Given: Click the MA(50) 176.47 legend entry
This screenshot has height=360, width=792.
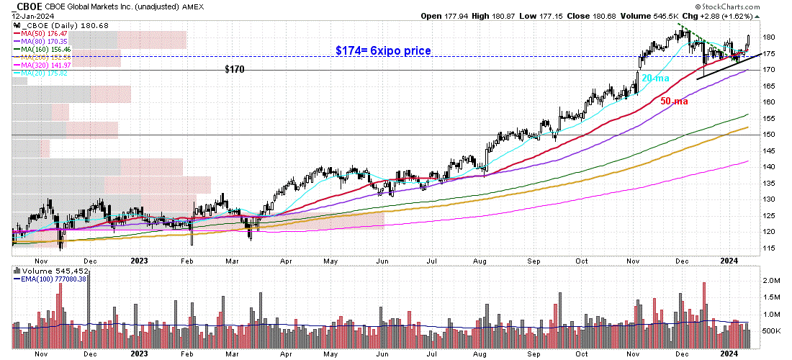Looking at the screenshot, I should click(x=47, y=34).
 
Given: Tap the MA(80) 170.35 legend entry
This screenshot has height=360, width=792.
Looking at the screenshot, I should click(x=47, y=42).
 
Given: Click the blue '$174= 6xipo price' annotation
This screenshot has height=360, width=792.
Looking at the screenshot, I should click(x=383, y=51).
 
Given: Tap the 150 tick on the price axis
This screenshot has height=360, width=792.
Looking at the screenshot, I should click(x=768, y=135).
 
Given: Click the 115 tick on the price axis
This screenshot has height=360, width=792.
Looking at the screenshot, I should click(x=768, y=248).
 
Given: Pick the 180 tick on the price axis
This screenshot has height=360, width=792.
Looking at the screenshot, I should click(x=768, y=37).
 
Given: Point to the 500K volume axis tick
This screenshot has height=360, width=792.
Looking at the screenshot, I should click(x=772, y=330).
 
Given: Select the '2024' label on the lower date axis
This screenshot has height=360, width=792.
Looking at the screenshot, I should click(x=730, y=353).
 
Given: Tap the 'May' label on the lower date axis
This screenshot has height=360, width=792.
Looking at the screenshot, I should click(x=330, y=353).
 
